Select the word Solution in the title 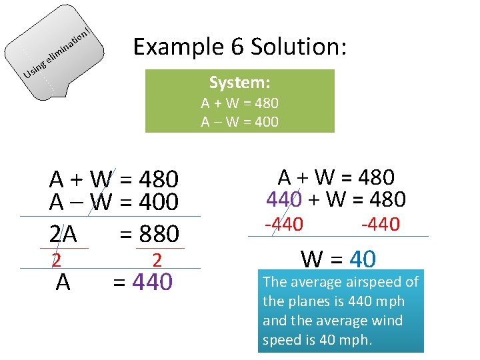click(x=293, y=47)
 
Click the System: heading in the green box click(x=239, y=83)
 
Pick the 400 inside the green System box click(x=266, y=121)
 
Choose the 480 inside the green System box click(x=266, y=103)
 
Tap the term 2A click(x=63, y=234)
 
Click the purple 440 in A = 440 click(x=153, y=283)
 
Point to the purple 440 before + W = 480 click(x=284, y=199)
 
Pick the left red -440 click(x=284, y=225)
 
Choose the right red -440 click(x=380, y=225)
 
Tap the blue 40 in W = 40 click(x=363, y=259)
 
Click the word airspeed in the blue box click(x=366, y=282)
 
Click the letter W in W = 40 click(x=314, y=259)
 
